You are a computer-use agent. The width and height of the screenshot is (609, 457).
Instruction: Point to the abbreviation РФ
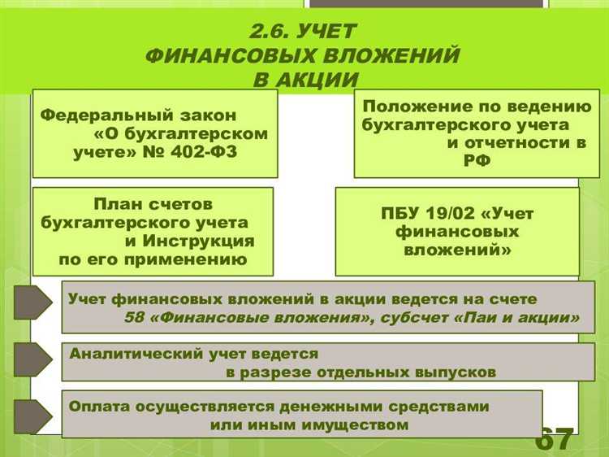pos(480,162)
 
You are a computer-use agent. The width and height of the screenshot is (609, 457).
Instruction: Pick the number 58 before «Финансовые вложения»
pos(134,318)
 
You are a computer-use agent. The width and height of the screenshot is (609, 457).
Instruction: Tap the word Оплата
pos(95,405)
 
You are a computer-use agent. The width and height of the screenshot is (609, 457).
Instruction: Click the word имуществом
pos(356,424)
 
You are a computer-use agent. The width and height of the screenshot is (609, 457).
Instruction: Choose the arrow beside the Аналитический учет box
pos(32,359)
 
